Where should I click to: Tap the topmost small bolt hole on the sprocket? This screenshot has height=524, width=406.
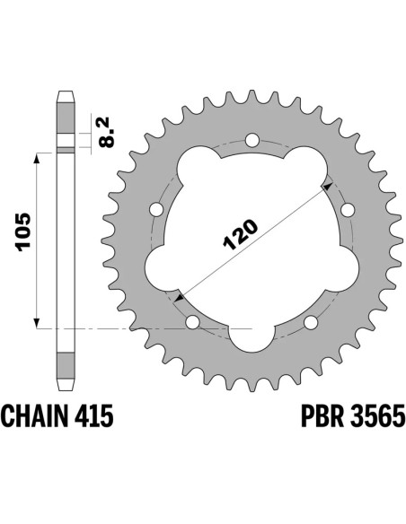point(253,140)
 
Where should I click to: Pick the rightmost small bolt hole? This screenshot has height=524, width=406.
point(349,209)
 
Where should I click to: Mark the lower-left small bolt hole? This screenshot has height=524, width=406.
point(192,322)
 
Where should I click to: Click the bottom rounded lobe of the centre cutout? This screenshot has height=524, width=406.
point(252,339)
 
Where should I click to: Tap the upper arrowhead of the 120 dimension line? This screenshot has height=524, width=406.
point(328,185)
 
